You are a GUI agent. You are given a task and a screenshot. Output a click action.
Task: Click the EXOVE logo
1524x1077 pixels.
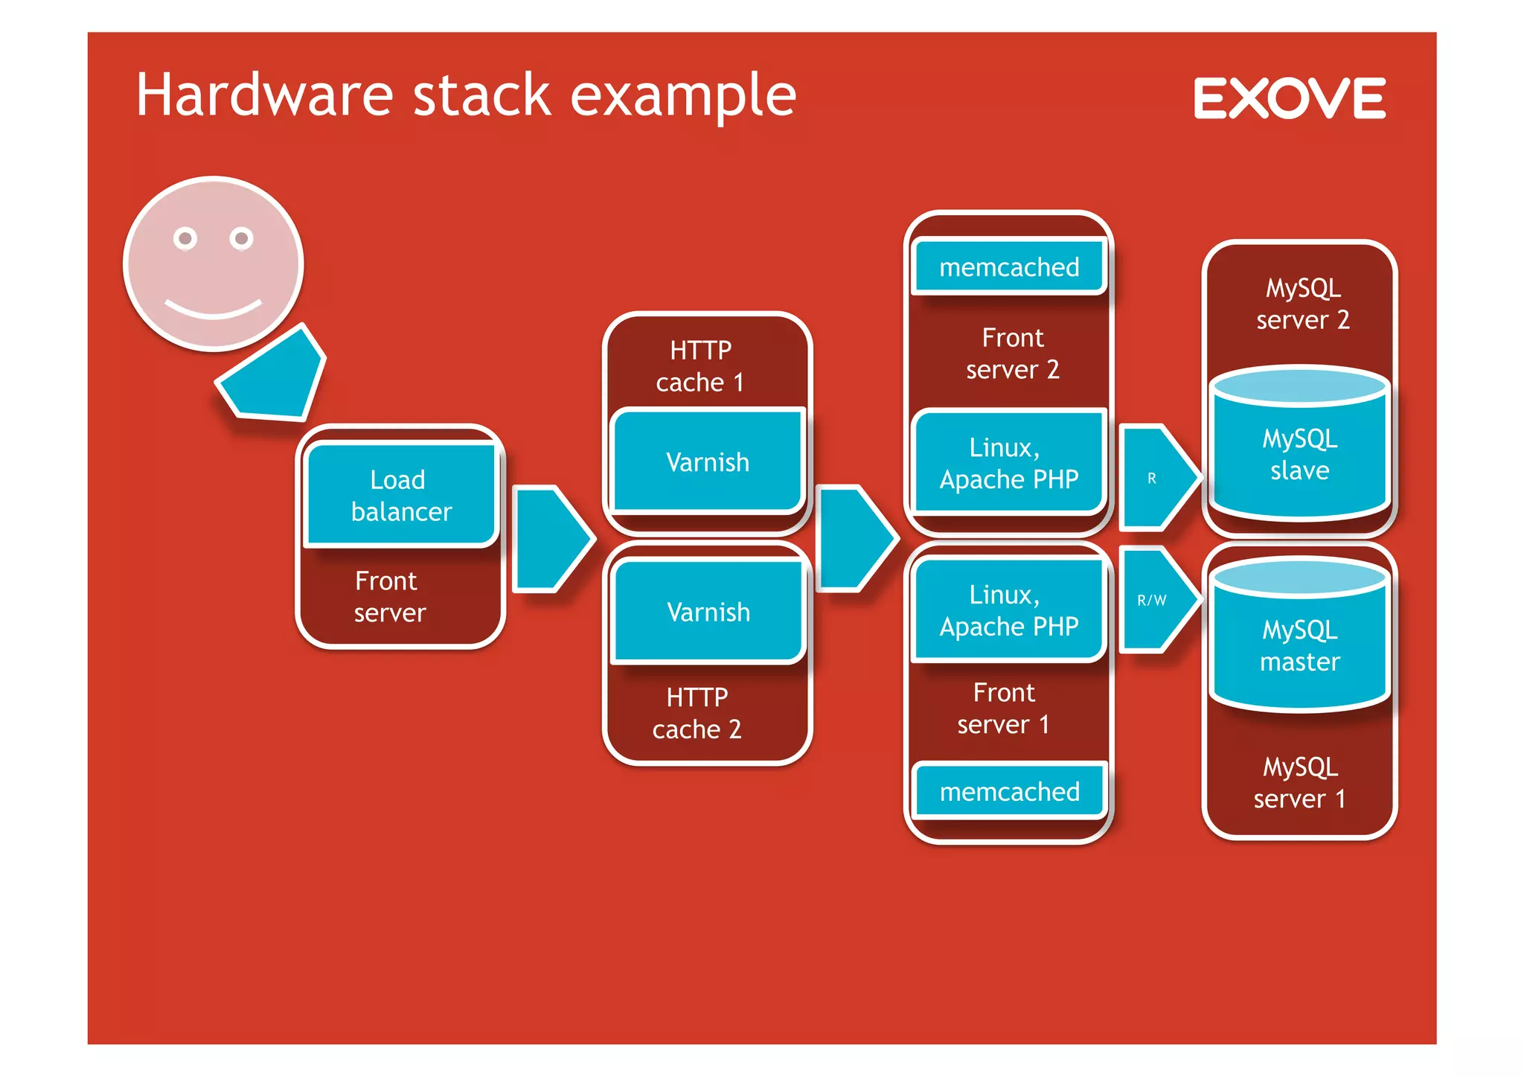[1290, 98]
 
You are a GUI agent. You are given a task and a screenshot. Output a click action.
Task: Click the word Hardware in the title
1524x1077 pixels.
[264, 95]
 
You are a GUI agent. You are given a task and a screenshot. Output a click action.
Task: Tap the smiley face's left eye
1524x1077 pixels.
[185, 238]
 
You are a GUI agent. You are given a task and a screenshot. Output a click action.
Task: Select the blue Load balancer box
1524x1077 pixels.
[400, 495]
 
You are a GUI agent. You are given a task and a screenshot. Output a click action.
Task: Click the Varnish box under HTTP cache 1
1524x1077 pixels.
[707, 461]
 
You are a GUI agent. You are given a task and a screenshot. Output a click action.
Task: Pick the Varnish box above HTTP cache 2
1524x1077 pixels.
[708, 611]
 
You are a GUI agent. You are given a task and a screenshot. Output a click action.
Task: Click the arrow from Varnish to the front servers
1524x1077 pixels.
[854, 539]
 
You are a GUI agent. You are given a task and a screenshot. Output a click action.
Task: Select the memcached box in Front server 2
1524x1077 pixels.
[1009, 266]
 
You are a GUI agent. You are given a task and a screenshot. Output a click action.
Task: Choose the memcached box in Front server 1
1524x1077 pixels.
[1009, 791]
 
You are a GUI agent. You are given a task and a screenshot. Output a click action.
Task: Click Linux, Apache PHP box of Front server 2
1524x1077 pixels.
[1009, 463]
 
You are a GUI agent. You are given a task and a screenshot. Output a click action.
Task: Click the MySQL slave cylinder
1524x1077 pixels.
[1299, 454]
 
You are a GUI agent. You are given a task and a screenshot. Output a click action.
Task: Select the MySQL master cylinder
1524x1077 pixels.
[1299, 645]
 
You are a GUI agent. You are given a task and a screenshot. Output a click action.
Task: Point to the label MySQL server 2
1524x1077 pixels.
[1302, 304]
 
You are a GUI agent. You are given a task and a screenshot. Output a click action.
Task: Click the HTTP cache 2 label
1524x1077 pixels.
[697, 713]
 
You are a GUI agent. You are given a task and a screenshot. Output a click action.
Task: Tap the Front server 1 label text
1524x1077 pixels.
[1003, 709]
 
